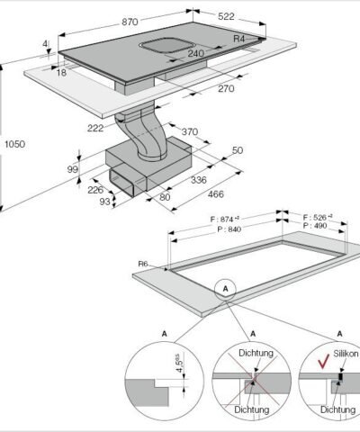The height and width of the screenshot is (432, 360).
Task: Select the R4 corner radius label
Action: coord(239,39)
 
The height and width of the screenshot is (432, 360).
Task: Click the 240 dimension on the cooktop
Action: coord(195,53)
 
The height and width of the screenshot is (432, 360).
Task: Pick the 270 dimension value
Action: coord(225,88)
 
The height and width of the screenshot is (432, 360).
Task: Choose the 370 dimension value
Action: coord(189,131)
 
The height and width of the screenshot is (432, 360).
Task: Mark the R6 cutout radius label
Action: coord(143,263)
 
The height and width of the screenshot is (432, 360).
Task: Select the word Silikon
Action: coord(346,355)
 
